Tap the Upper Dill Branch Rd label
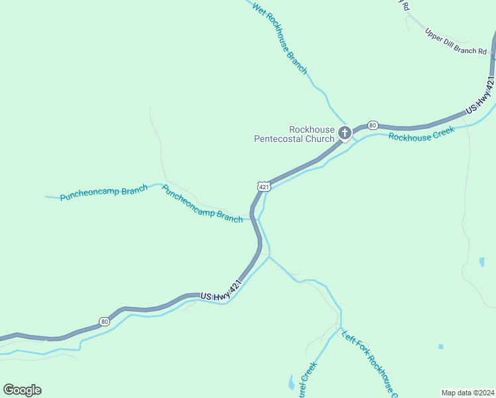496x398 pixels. click(x=456, y=41)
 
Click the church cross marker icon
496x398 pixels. click(x=344, y=133)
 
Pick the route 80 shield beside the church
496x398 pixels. click(x=373, y=125)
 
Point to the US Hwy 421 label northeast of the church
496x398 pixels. click(x=480, y=98)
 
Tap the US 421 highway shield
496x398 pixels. click(x=264, y=186)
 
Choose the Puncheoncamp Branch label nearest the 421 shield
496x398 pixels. click(x=202, y=204)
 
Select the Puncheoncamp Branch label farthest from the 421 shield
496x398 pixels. click(x=103, y=193)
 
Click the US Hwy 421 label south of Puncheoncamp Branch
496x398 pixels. click(x=220, y=292)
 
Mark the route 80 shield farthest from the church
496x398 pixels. click(x=104, y=322)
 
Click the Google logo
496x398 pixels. click(x=22, y=390)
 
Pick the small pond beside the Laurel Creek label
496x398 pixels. click(x=291, y=383)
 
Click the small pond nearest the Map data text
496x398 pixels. click(x=440, y=346)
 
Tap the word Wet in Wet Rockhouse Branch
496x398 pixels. click(x=260, y=11)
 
